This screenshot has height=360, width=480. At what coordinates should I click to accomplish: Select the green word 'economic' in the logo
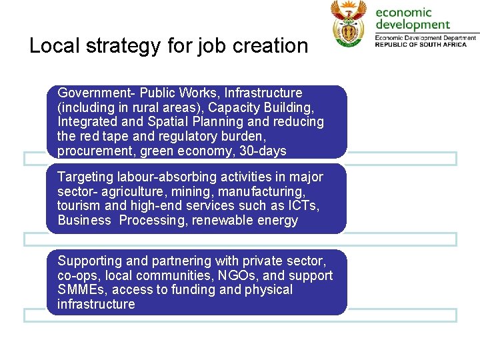tap(403, 12)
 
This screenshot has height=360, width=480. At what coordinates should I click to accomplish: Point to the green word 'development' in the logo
tap(413, 25)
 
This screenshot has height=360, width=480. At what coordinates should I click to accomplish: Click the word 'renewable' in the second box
tap(219, 221)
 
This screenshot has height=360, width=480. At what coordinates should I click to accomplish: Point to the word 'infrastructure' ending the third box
tap(96, 305)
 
